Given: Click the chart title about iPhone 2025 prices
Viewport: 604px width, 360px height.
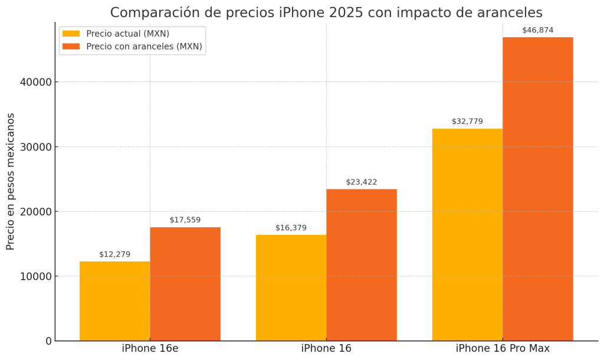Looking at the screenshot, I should [326, 12].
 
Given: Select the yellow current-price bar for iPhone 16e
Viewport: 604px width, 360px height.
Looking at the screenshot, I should [114, 301].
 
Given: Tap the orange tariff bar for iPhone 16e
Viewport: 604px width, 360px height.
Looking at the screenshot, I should [185, 284].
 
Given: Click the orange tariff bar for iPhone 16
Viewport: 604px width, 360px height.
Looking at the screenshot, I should [362, 265].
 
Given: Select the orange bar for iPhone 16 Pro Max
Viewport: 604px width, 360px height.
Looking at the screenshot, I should [537, 189].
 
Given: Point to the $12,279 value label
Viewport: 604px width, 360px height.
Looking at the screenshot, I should [114, 254].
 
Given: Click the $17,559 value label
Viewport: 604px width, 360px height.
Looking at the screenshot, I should [185, 220].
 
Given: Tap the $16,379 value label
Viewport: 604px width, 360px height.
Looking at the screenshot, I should [291, 228].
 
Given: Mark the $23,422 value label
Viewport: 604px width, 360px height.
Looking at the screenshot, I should [362, 182].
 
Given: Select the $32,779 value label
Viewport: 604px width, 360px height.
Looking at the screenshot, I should [467, 122].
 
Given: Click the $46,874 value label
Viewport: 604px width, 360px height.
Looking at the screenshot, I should [537, 30].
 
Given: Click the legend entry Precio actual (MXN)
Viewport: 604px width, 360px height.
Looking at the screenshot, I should [127, 34].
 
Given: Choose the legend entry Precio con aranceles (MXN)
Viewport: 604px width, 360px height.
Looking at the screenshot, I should [144, 47].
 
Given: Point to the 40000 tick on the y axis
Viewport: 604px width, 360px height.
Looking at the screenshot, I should [36, 82].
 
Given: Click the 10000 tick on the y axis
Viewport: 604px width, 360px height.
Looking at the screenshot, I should [36, 276].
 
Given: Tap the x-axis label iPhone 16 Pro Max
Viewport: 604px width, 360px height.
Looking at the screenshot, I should [503, 349].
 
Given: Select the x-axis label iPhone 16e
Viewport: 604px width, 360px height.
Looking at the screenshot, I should [150, 349].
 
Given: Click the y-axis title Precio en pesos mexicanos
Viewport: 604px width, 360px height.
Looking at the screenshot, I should [11, 181].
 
